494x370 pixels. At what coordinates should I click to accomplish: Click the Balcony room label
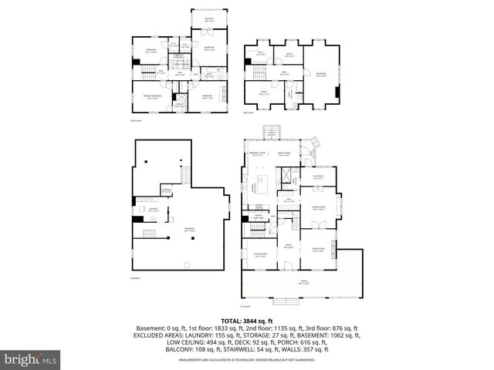(x=209, y=19)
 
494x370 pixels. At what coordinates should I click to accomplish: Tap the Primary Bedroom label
(x=150, y=98)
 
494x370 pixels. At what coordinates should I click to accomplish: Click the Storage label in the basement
(x=166, y=190)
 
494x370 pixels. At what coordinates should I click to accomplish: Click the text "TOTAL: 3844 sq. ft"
(x=247, y=320)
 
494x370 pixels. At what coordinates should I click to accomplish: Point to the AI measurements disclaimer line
(x=247, y=360)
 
